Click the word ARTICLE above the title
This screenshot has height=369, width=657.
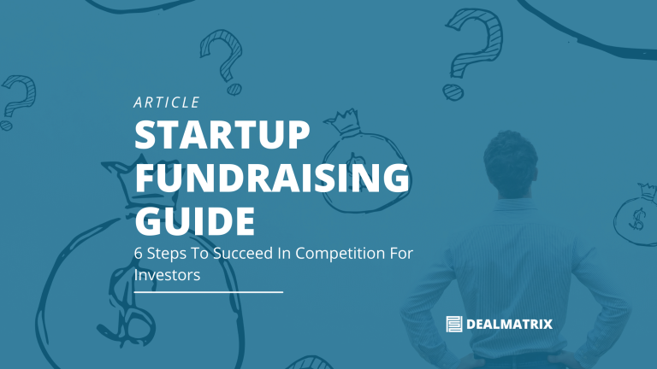167,102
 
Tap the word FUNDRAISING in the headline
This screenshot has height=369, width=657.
272,179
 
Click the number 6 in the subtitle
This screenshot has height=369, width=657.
140,254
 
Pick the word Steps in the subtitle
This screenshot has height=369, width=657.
170,254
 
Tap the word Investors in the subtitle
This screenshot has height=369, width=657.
167,275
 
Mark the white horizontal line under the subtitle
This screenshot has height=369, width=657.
208,292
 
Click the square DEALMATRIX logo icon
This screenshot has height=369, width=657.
454,324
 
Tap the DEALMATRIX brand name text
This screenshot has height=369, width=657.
510,324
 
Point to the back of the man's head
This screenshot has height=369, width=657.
518,153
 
